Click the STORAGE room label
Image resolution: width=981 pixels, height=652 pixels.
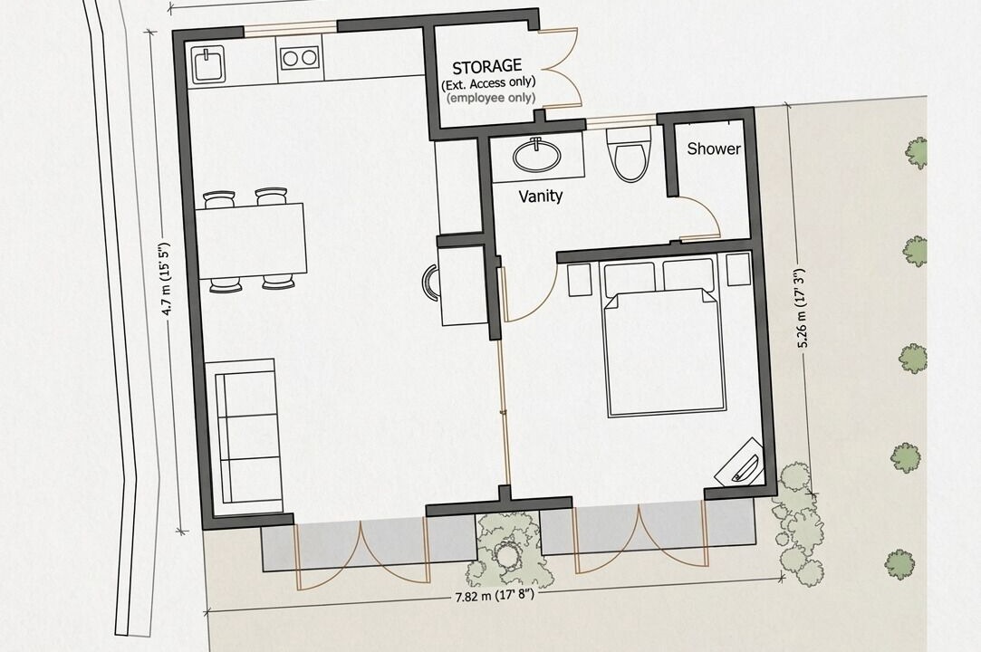click(486, 66)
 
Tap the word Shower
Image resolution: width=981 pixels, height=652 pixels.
click(714, 149)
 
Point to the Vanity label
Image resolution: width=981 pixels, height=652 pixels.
click(541, 197)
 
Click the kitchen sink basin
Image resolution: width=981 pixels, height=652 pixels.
click(209, 65)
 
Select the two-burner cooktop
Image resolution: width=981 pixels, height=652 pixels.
click(299, 58)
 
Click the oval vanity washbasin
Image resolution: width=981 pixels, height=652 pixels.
click(537, 155)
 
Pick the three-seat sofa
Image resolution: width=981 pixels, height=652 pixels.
click(245, 431)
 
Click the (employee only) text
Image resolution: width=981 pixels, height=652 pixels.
click(491, 98)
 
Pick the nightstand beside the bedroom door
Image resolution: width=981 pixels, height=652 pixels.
click(580, 279)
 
